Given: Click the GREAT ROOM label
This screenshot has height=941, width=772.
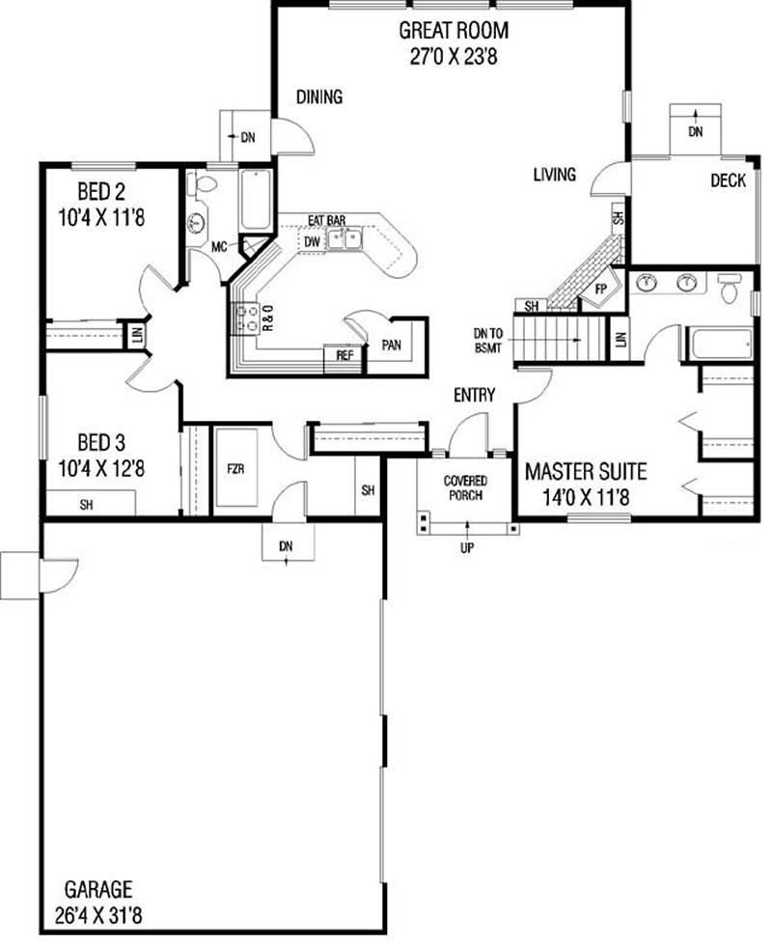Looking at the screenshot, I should pyautogui.click(x=454, y=30).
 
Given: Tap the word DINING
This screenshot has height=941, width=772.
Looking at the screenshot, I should pyautogui.click(x=319, y=97).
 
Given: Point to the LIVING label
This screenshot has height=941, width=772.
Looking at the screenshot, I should pyautogui.click(x=554, y=175).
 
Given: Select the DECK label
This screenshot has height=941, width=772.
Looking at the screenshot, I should pyautogui.click(x=728, y=180).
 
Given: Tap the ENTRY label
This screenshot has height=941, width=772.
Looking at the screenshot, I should pyautogui.click(x=475, y=395).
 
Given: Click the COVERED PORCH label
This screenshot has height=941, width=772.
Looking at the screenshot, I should pyautogui.click(x=465, y=488).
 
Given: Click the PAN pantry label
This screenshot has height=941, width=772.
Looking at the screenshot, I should pyautogui.click(x=391, y=345).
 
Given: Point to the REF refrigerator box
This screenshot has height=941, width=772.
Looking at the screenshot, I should pyautogui.click(x=344, y=355).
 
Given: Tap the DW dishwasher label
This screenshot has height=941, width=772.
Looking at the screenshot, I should pyautogui.click(x=312, y=241).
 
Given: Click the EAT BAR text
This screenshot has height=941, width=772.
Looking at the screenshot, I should pyautogui.click(x=327, y=221).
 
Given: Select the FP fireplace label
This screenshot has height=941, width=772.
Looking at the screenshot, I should pyautogui.click(x=599, y=289).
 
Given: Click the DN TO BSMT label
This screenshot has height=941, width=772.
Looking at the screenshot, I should pyautogui.click(x=487, y=341).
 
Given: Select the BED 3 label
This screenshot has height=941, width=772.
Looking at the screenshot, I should pyautogui.click(x=100, y=443).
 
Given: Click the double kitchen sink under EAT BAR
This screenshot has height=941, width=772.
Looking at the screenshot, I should pyautogui.click(x=344, y=238).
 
